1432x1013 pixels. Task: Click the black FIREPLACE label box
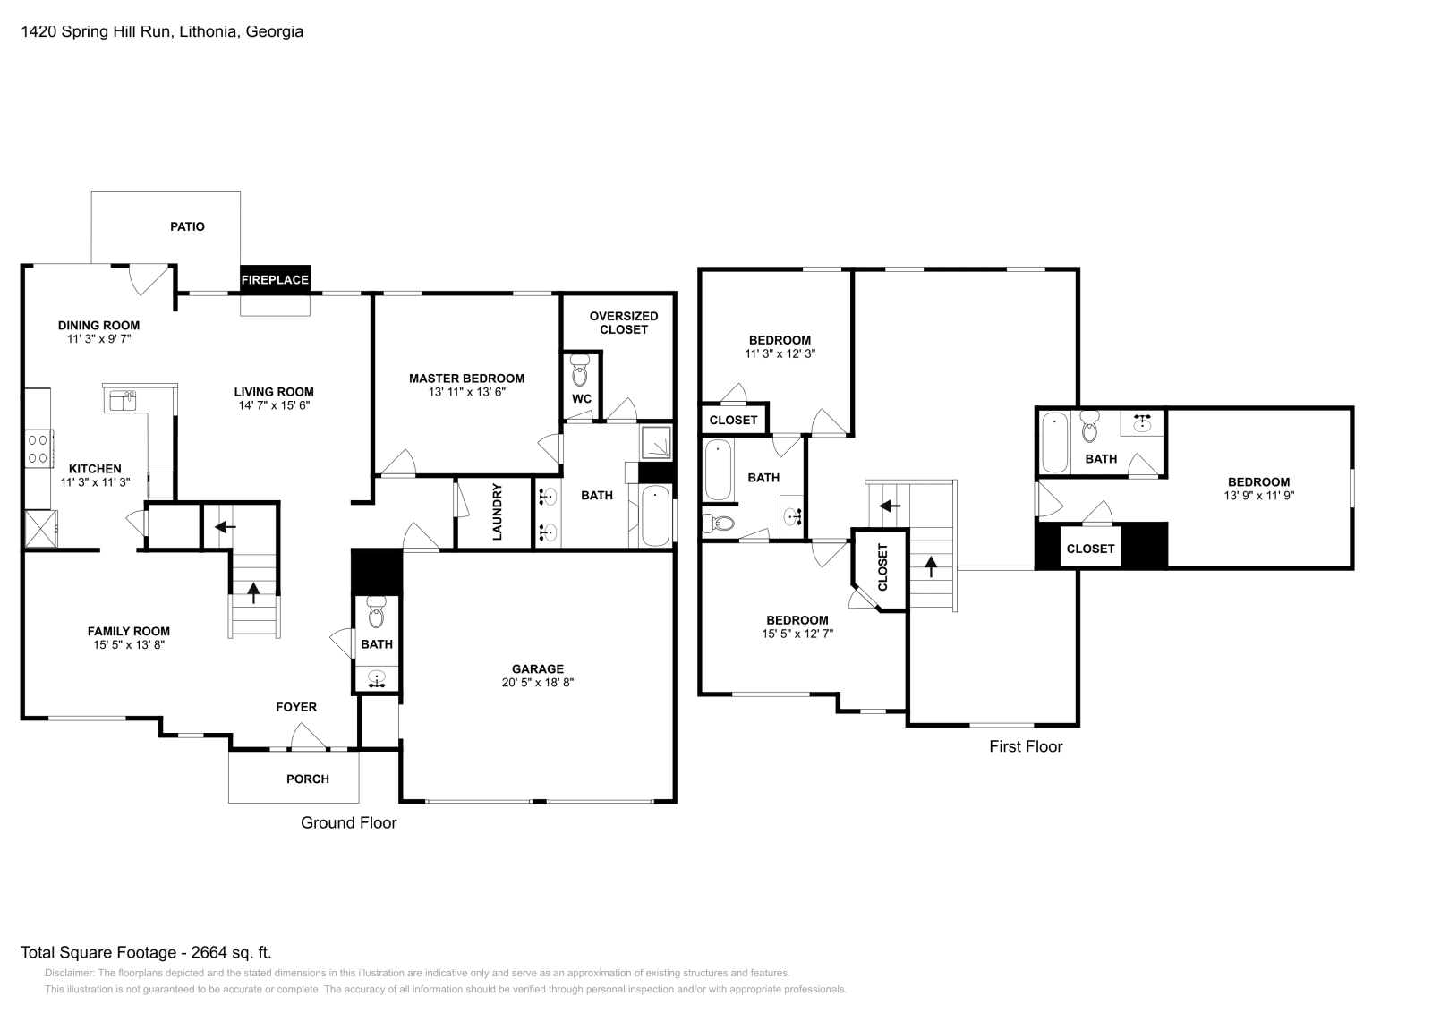275,279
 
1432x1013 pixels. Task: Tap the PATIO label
188,226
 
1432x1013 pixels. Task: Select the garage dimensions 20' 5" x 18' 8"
537,682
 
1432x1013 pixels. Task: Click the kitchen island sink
123,400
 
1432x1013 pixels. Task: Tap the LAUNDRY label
498,513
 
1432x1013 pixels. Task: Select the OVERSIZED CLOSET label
624,322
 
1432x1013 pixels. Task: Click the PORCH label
307,779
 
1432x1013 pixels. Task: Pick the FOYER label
295,707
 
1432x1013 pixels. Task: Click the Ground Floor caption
348,822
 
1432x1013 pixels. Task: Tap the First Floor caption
1026,746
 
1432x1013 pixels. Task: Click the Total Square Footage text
146,953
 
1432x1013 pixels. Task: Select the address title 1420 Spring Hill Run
162,31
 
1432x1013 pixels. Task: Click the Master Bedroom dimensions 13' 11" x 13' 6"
466,391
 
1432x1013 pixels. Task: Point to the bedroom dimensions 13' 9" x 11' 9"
1258,495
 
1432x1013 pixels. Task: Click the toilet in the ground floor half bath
377,614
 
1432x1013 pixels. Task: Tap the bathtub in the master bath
656,515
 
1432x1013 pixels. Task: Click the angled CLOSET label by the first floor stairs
882,567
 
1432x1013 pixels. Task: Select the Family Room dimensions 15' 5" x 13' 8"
128,644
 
